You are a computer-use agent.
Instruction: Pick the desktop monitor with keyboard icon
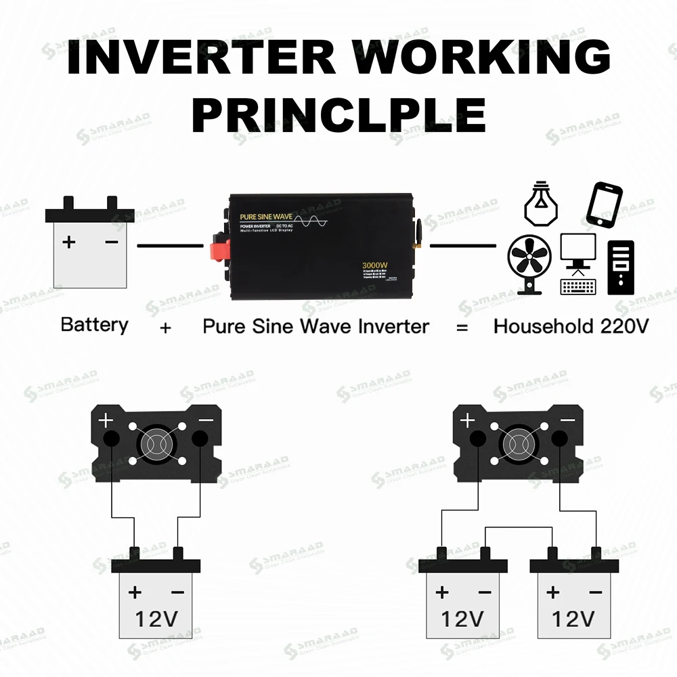click(578, 264)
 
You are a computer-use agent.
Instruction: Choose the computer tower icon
click(621, 267)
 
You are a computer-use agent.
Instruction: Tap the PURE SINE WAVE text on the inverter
click(265, 217)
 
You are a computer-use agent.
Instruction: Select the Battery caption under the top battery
click(94, 325)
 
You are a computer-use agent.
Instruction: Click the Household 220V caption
click(571, 326)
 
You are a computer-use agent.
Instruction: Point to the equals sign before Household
click(462, 327)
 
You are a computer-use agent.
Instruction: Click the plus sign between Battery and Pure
click(166, 328)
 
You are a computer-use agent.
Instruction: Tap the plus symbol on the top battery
click(69, 242)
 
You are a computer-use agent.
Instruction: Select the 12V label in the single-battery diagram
click(156, 618)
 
